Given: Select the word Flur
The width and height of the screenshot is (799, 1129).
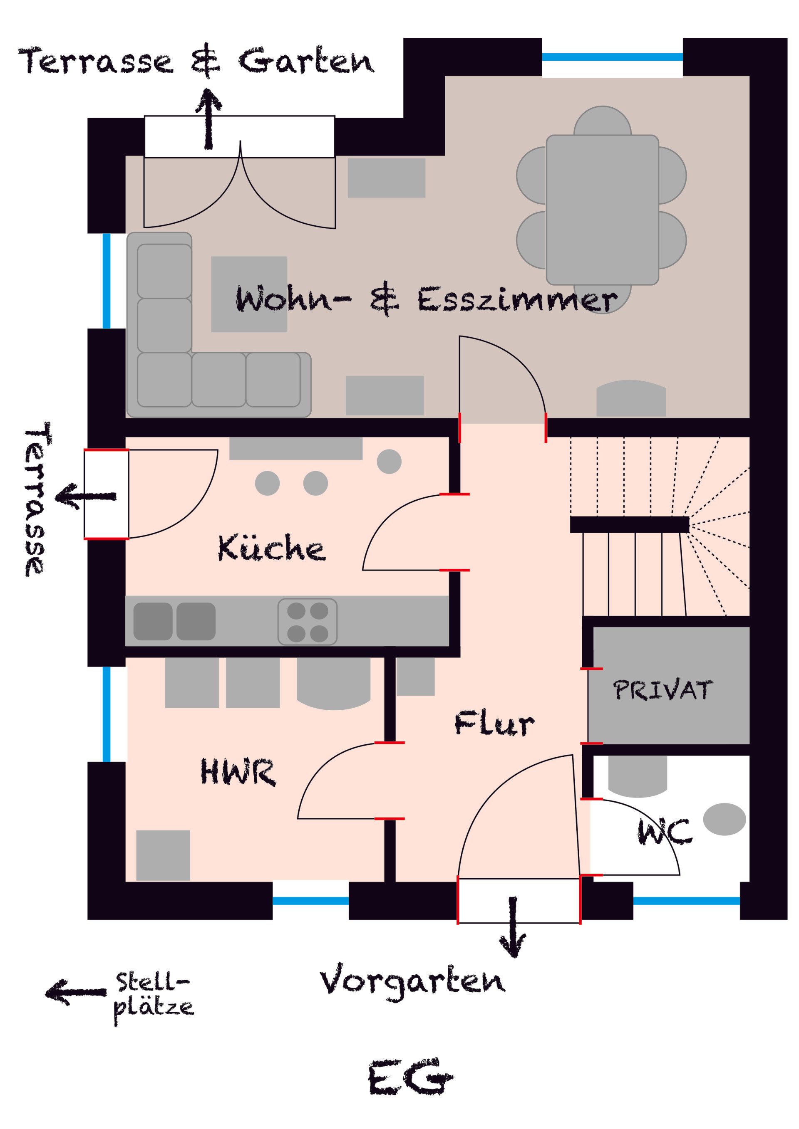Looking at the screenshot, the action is pos(494,723).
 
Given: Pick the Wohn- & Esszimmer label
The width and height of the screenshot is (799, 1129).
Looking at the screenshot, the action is pos(426,299).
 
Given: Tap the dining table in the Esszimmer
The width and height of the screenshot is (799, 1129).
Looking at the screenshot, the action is pos(602,210).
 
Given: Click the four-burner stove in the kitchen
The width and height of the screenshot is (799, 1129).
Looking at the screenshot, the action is pos(308,622).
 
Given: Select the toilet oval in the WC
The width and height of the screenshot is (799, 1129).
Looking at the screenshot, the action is pos(724,819).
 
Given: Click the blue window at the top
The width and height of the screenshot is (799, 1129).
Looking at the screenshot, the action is pos(613,57).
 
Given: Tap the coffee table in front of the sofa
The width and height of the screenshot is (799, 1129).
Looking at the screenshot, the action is pos(249,294).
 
